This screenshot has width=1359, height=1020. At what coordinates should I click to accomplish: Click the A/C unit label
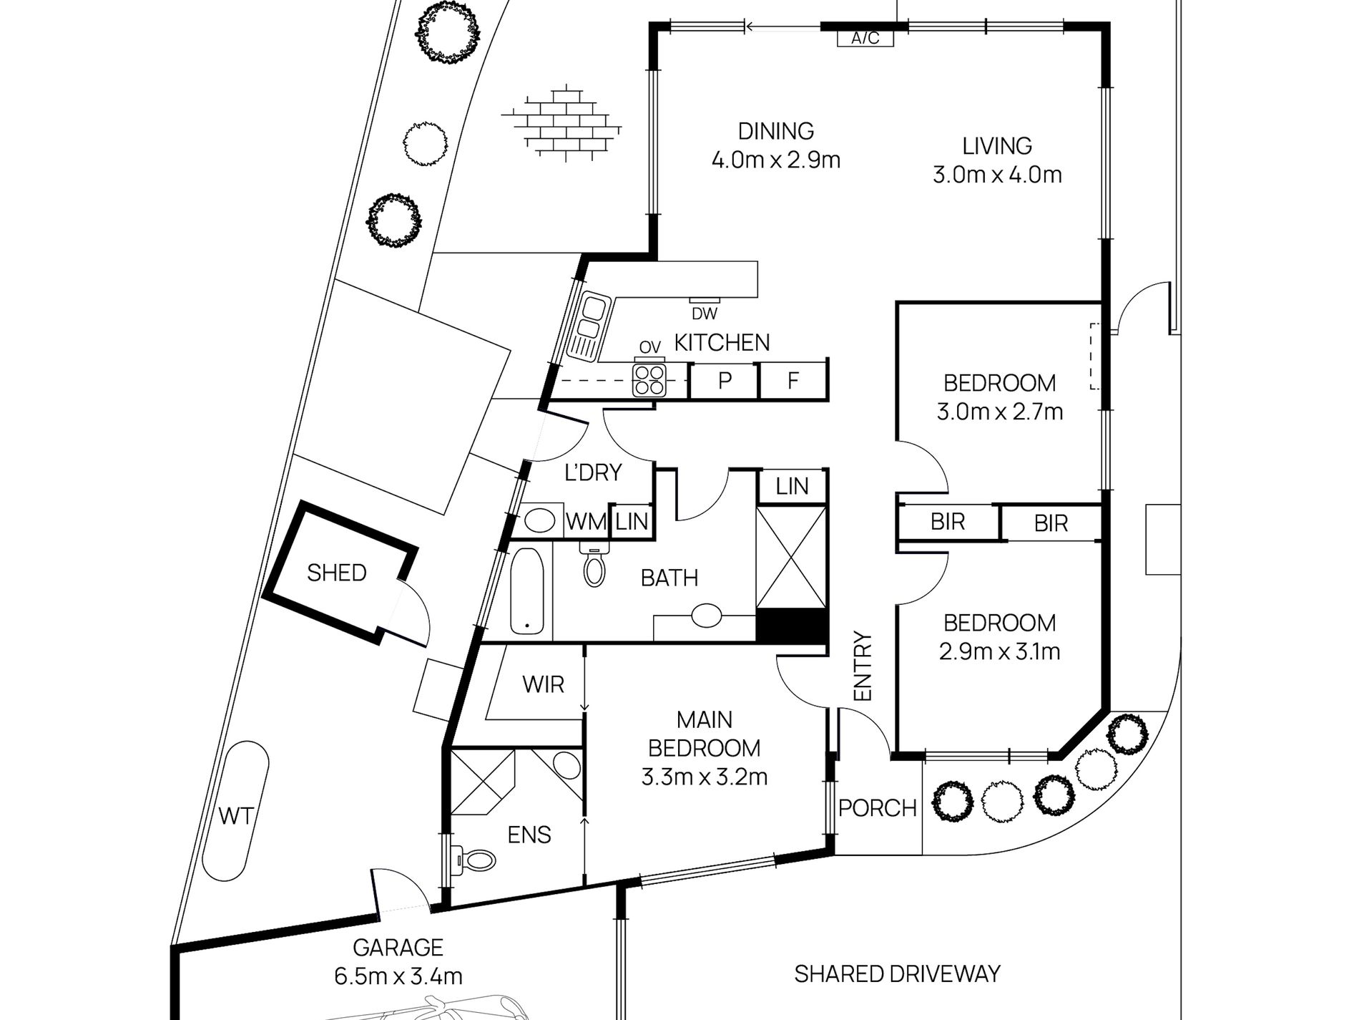pos(865,39)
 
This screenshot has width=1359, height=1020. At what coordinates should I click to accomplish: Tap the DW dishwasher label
pos(705,314)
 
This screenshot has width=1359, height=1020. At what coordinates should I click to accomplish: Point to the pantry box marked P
pos(725,380)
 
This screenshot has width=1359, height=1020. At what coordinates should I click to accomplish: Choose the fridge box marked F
pos(793,380)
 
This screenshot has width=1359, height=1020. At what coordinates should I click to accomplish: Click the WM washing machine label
pos(587,522)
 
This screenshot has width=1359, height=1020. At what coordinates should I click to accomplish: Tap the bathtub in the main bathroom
pos(527,591)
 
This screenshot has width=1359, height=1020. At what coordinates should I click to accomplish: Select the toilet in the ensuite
pos(474,858)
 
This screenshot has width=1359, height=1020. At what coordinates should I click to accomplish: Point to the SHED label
pos(337,573)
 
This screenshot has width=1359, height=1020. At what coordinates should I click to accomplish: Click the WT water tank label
pos(235,815)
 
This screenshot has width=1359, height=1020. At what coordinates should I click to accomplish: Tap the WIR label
pos(544,685)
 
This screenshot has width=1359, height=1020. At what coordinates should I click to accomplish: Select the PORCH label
pos(878,808)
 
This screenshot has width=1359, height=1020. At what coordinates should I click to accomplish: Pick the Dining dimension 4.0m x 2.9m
pos(776,160)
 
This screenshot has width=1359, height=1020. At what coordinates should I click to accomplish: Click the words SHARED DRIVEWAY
pos(898,973)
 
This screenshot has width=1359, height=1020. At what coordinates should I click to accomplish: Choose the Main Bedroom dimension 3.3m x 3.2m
pos(705,777)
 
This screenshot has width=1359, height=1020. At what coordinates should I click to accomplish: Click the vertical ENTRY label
pos(863,666)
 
